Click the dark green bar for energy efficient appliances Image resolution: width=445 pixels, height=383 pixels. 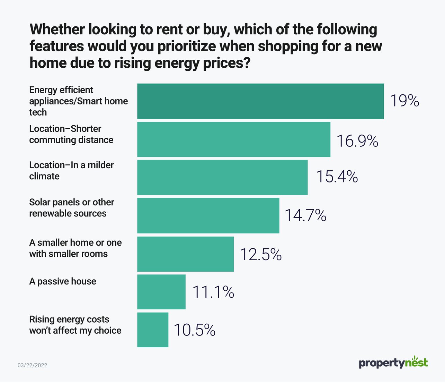coord(260,101)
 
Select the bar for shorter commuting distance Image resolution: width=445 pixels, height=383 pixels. coord(234,139)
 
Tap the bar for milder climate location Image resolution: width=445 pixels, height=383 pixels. coord(222,177)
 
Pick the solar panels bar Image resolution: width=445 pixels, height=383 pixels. coord(208,215)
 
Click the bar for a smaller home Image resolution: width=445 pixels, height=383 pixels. coord(185,254)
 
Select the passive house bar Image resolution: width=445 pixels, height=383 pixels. coord(161,292)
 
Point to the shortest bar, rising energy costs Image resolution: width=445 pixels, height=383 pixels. coord(153,330)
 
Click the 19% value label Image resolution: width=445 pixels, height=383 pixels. coord(404,101)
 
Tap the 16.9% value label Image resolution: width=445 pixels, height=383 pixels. coord(357,141)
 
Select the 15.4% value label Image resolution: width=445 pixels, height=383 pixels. coord(337,177)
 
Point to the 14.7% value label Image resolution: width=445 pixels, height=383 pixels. coord(305,215)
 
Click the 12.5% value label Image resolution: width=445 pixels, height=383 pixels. coord(260,254)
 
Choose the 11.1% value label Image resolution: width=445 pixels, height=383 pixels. coord(213,292)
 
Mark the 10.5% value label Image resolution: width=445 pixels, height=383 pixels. coord(194,330)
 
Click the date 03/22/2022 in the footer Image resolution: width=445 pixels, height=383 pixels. coord(32,365)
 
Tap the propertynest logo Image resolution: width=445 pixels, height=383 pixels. coord(393,363)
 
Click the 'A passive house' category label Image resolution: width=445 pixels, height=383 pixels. coord(63,281)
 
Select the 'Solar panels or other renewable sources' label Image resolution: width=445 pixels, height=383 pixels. coord(71,208)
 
